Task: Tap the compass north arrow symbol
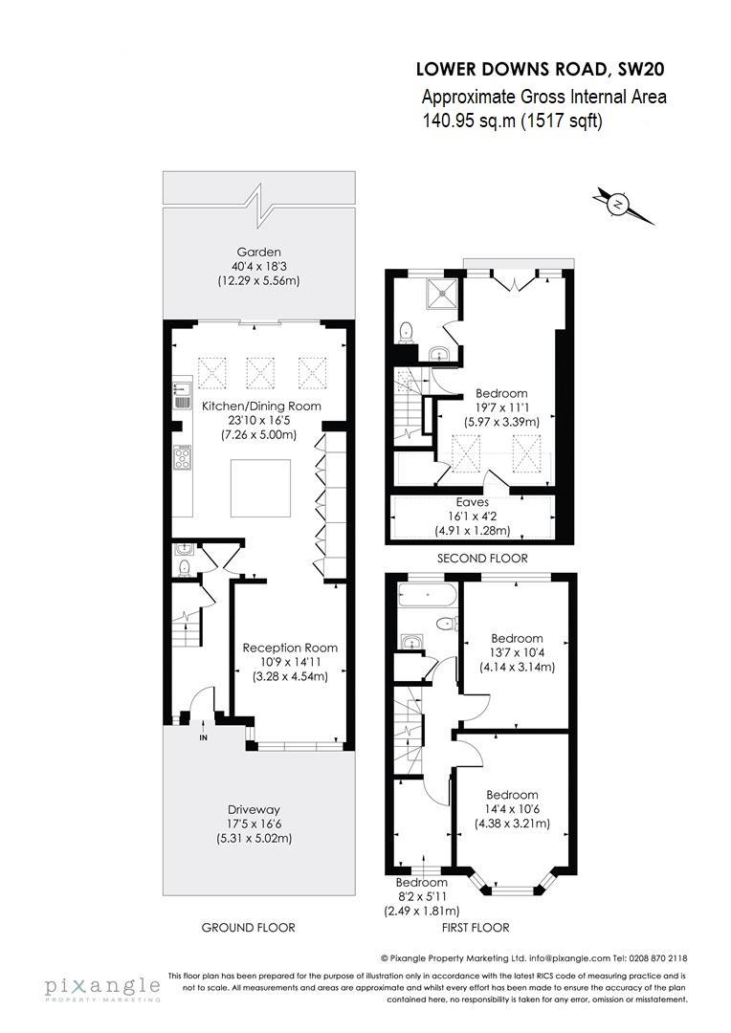pos(621,205)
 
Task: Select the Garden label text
pos(259,253)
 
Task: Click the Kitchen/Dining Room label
pos(260,406)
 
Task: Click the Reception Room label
pos(289,648)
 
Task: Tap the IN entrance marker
pos(203,737)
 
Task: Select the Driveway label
pos(258,808)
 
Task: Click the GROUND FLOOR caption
pos(248,927)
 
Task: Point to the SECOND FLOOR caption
pos(482,559)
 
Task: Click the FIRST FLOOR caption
pos(476,927)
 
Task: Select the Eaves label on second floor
pos(473,502)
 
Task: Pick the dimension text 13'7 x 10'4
pos(517,652)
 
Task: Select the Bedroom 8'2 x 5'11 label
pos(421,882)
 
